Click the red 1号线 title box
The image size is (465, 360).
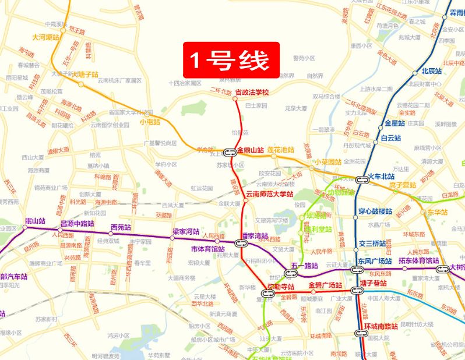pos(232,58)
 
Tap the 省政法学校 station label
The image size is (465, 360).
pos(252,93)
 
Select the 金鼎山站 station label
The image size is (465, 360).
pos(252,150)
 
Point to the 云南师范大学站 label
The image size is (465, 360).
pos(269,193)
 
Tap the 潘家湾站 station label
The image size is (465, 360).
pos(255,237)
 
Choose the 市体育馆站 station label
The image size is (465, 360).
pos(208,249)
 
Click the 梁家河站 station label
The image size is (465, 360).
pos(185,231)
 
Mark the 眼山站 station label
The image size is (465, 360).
pos(35,221)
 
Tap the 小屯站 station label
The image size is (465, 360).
pos(150,122)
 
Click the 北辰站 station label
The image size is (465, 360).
pos(432,72)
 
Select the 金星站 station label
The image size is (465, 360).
pos(394,123)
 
